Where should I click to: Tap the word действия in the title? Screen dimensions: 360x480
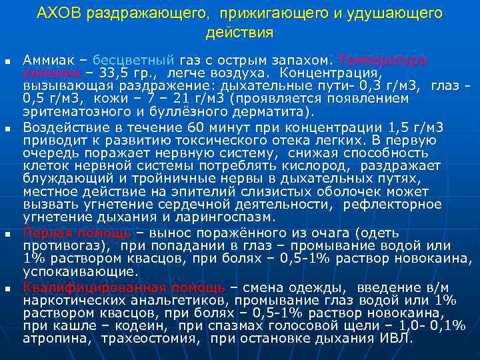(x=239, y=32)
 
